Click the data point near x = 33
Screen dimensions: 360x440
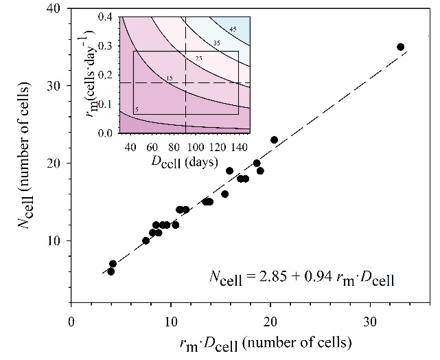tap(401, 47)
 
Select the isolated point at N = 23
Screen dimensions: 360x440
tap(275, 139)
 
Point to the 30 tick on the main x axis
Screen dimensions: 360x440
tap(370, 322)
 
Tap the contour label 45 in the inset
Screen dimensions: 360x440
tap(233, 29)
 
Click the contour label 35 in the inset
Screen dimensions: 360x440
tap(216, 43)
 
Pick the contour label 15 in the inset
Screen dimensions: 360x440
tap(170, 78)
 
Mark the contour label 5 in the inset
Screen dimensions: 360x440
tap(137, 109)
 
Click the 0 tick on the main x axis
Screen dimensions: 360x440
tap(71, 322)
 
